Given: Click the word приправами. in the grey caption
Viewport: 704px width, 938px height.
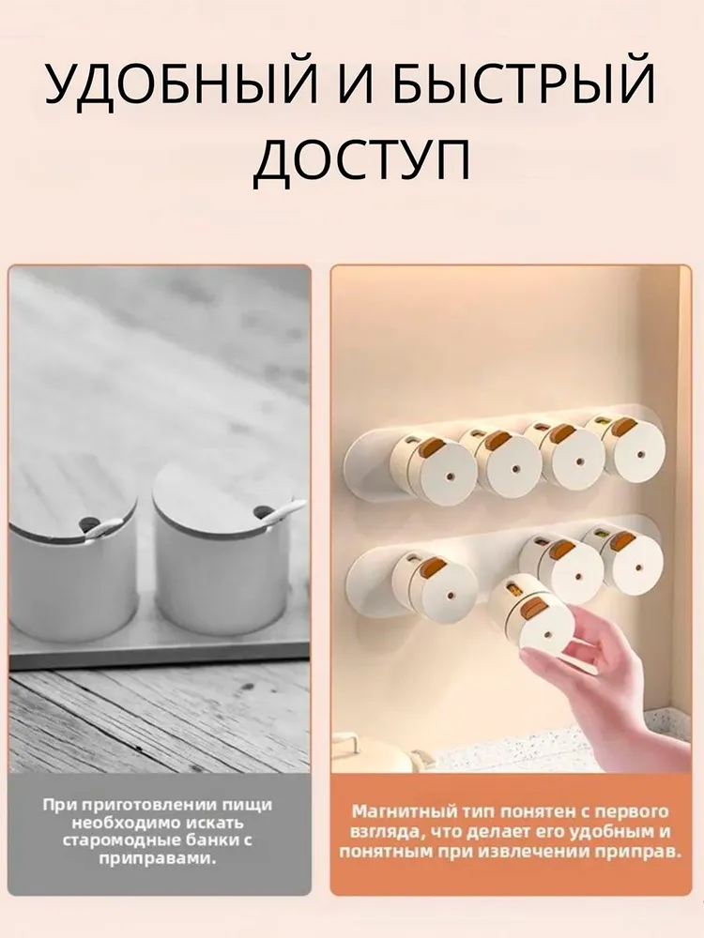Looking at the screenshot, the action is [158, 859].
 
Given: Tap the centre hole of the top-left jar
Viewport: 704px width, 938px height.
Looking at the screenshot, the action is [450, 478].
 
